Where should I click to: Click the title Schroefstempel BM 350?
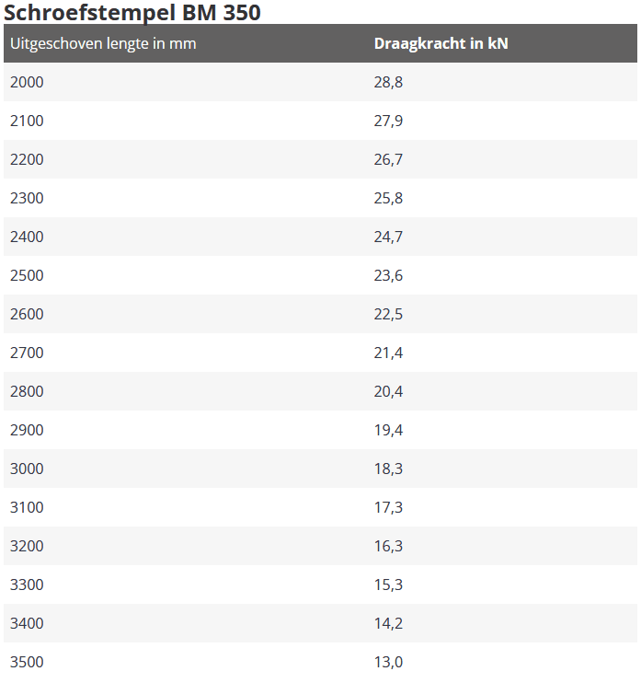tap(132, 12)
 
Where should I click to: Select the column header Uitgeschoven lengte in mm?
tap(103, 44)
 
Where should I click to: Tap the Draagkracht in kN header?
tap(441, 43)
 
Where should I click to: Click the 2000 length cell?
tap(27, 82)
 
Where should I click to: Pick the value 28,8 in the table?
tap(388, 82)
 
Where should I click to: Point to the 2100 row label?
tap(27, 121)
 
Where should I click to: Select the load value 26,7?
tap(388, 160)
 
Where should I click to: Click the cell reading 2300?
tap(27, 198)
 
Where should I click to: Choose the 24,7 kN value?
tap(388, 237)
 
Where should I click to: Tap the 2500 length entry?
tap(27, 275)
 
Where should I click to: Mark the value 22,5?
tap(388, 315)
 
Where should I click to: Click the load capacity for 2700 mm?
tap(388, 353)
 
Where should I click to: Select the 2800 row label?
tap(27, 391)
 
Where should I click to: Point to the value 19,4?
tap(388, 431)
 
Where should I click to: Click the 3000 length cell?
tap(27, 469)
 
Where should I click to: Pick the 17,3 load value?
tap(388, 507)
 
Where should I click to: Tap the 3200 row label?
tap(27, 546)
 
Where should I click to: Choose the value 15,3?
tap(388, 585)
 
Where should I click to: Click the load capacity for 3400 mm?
tap(388, 623)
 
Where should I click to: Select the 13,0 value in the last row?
tap(388, 662)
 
